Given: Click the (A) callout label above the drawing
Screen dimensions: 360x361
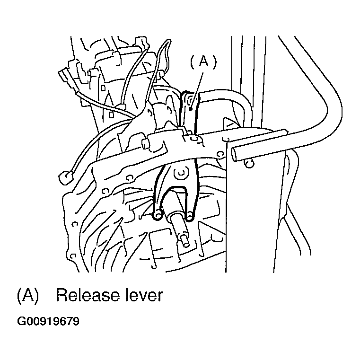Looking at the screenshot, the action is coord(203,62).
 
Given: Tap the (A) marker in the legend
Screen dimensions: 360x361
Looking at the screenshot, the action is coord(28,295).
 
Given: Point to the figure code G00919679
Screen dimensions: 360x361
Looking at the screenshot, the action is coord(48,321).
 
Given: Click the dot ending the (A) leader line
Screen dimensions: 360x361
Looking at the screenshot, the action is coord(190,108).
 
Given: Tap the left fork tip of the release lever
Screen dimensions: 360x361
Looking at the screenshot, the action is coord(158,215).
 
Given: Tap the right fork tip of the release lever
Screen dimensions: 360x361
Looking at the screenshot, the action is coord(189,216).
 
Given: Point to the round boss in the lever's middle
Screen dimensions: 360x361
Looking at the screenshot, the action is coord(182,173).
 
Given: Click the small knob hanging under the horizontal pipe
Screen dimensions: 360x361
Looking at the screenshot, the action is coord(249,163).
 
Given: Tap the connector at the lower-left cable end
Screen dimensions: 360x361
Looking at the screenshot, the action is coord(66,177).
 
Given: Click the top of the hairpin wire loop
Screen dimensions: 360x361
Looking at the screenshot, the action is coord(168,41).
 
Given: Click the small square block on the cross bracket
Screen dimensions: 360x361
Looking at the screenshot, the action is coord(145,143).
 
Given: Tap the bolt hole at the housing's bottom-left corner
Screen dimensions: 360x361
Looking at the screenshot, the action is coord(73,255).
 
